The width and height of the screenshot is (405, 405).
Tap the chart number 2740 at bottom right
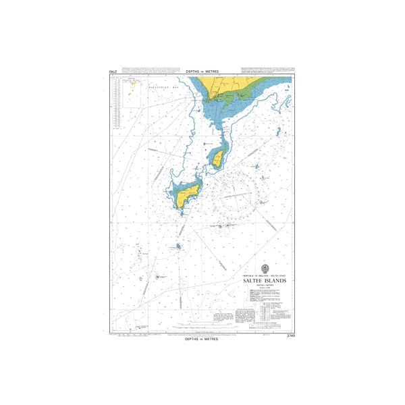(291, 335)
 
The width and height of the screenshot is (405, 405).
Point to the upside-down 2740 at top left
(113, 71)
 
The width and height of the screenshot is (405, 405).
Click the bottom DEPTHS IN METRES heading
(202, 340)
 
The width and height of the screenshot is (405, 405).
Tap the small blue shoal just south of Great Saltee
(179, 246)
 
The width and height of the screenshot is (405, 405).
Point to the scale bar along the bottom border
(202, 332)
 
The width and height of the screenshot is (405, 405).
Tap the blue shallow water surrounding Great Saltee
(177, 189)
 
